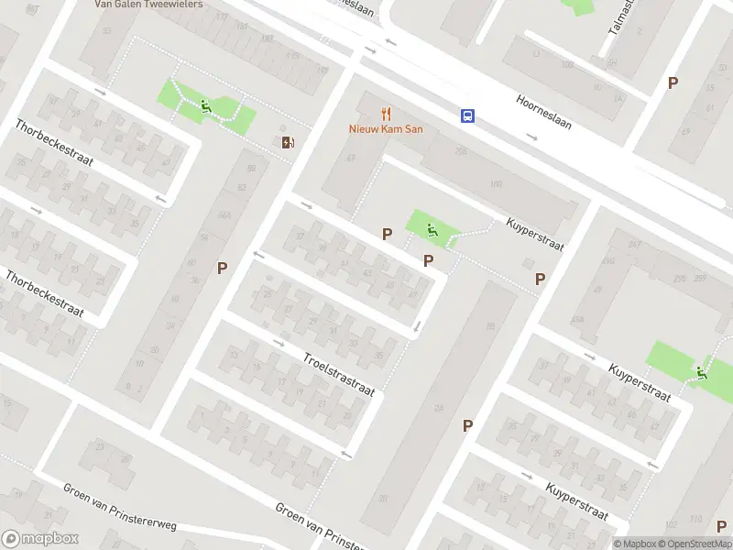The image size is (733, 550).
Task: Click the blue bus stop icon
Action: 467,115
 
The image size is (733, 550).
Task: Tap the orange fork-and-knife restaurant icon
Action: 387,115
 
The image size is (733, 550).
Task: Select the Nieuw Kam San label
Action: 386,129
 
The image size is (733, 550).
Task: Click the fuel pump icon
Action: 289,141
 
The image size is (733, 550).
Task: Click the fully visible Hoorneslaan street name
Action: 544,112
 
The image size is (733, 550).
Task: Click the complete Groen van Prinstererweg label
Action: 119,506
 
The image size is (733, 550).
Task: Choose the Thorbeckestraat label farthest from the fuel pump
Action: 45,293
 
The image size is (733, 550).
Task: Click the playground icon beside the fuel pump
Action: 206,108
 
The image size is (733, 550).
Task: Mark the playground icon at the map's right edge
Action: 701,372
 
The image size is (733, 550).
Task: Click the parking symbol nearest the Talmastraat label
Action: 673,82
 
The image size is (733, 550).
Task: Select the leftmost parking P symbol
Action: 222,268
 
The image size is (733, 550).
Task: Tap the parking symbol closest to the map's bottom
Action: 467,425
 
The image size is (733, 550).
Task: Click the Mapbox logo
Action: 40,539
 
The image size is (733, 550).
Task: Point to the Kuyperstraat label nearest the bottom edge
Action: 577,500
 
